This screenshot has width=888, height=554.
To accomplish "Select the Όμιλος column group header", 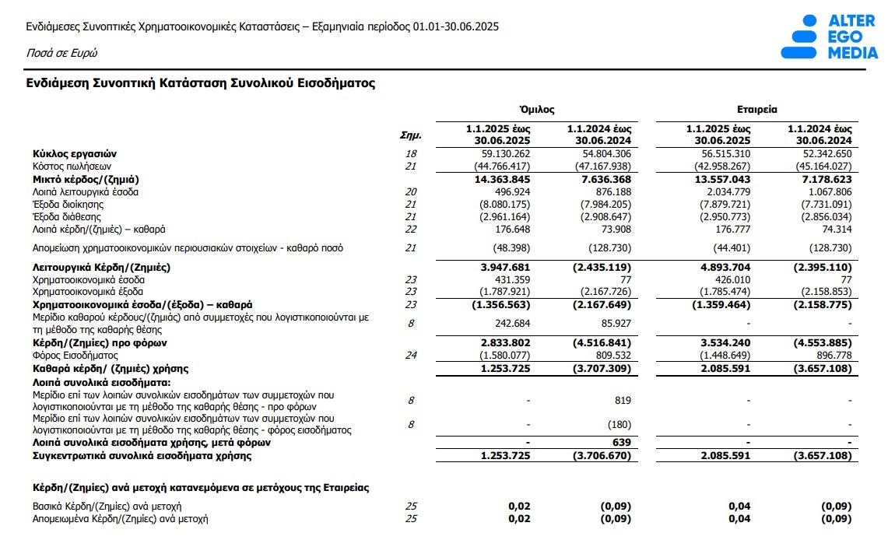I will pos(536,110).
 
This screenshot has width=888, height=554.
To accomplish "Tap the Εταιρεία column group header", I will pos(756,110).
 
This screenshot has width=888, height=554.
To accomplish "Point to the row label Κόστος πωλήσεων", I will pos(72,167).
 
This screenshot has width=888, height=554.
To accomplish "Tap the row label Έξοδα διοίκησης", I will pos(67,204).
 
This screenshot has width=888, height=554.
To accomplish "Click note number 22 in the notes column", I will pos(412,229).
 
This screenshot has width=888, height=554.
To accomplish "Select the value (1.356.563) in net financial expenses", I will pos(501,304).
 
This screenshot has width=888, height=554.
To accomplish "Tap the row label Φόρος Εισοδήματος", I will pos(71,356).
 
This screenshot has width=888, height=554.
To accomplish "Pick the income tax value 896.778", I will pos(831,356).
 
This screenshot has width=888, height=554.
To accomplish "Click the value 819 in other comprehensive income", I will pos(622,401).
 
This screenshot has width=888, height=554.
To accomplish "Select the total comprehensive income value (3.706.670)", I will pos(602,455).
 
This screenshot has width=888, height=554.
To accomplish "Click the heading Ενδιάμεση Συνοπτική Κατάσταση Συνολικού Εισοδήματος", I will pos(201,83).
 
